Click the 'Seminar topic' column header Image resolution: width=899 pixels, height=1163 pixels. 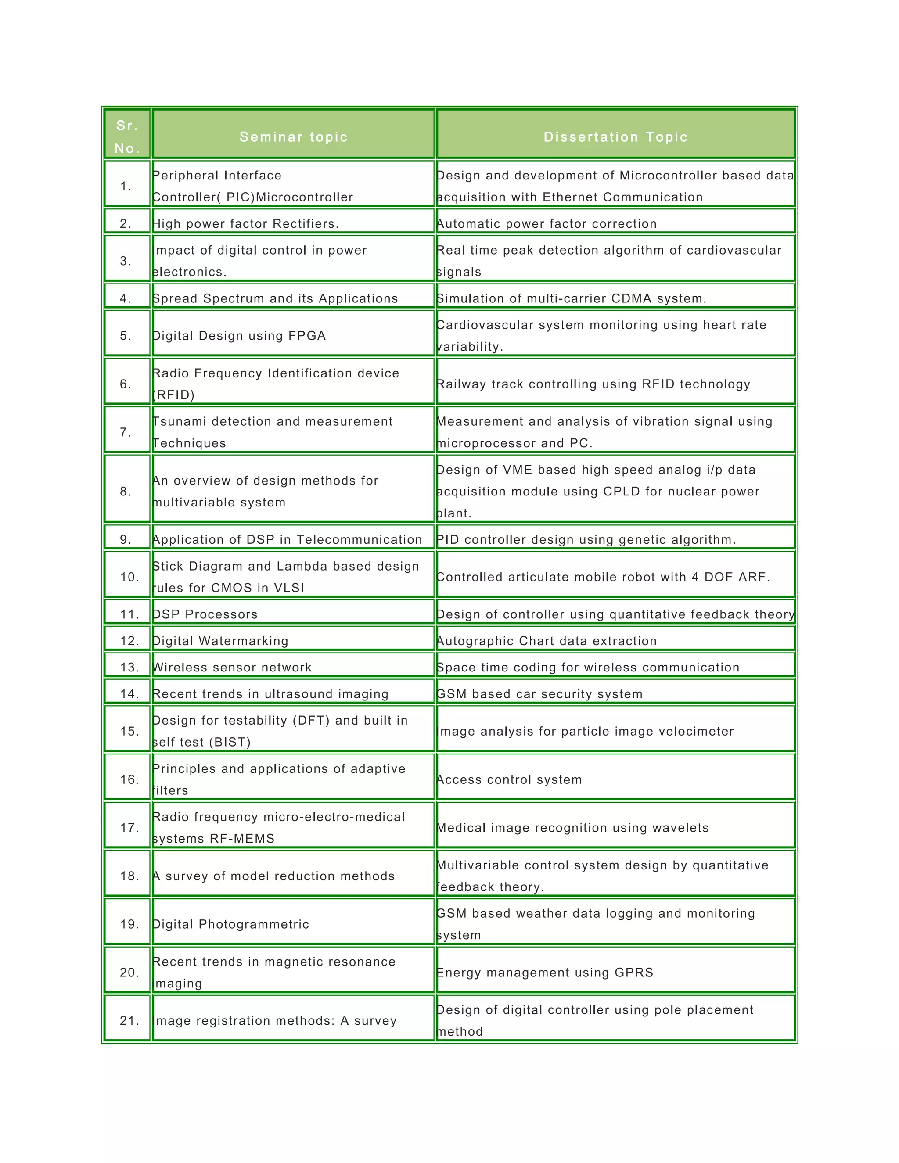tap(294, 137)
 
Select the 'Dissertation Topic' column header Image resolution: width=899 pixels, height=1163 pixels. tap(615, 137)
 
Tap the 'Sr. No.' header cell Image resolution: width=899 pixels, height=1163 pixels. tap(127, 137)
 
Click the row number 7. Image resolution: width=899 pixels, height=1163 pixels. tap(126, 432)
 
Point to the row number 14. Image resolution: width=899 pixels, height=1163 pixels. tap(129, 694)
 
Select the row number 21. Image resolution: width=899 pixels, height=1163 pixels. tap(129, 1020)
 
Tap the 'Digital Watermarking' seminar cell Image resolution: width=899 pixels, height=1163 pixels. tap(220, 641)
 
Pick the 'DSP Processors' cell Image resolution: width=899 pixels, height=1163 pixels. tap(205, 614)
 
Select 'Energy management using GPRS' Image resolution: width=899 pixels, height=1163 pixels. tap(545, 973)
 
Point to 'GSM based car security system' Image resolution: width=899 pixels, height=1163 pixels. tap(539, 694)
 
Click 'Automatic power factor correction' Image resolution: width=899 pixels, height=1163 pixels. tap(547, 224)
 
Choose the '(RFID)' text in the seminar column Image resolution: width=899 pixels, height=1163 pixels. tap(174, 395)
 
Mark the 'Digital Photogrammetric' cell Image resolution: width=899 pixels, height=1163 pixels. tap(230, 924)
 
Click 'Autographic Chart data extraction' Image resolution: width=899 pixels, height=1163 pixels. tap(547, 641)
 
